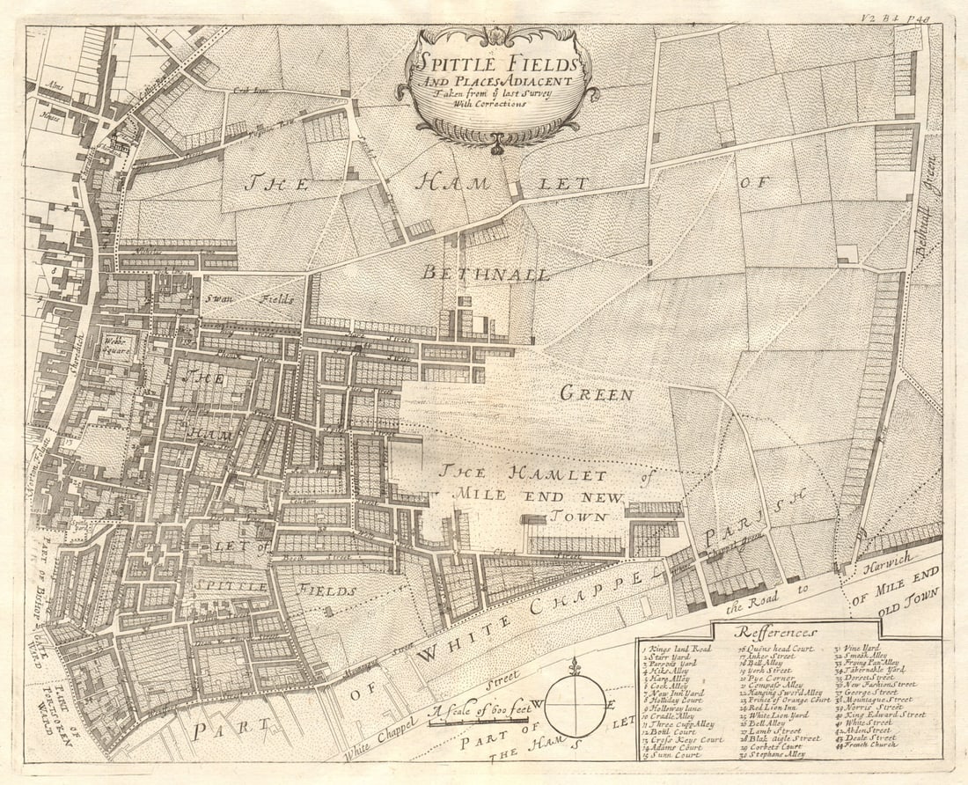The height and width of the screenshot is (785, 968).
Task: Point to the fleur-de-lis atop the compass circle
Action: click(576, 667)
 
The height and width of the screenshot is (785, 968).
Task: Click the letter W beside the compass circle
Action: click(537, 704)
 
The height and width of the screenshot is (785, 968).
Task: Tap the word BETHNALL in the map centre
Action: click(485, 274)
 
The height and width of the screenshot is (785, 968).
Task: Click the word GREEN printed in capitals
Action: click(596, 394)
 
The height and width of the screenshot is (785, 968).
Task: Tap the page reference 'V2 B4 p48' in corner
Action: click(915, 16)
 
